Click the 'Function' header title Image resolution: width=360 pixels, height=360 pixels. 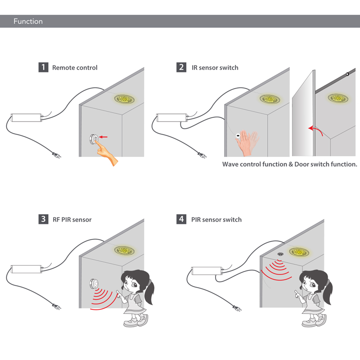point(28,21)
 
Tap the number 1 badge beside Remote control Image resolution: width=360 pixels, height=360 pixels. point(43,67)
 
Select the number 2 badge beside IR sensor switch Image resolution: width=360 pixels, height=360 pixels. point(181,67)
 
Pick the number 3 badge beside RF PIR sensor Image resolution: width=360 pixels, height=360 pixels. point(43,219)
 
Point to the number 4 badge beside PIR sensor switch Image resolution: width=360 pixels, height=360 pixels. point(181,219)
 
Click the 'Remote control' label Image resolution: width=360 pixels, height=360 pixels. point(75,67)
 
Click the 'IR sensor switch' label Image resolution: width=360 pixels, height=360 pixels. point(215,67)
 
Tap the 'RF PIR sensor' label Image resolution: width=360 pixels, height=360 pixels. point(72,220)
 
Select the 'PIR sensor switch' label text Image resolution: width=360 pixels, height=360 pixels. point(216,220)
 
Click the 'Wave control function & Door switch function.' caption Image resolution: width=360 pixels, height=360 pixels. point(289,164)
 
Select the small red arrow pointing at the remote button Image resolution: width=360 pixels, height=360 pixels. point(104,136)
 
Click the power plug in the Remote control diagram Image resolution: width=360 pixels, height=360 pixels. point(57,155)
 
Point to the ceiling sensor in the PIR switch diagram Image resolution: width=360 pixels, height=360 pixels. point(280,254)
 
